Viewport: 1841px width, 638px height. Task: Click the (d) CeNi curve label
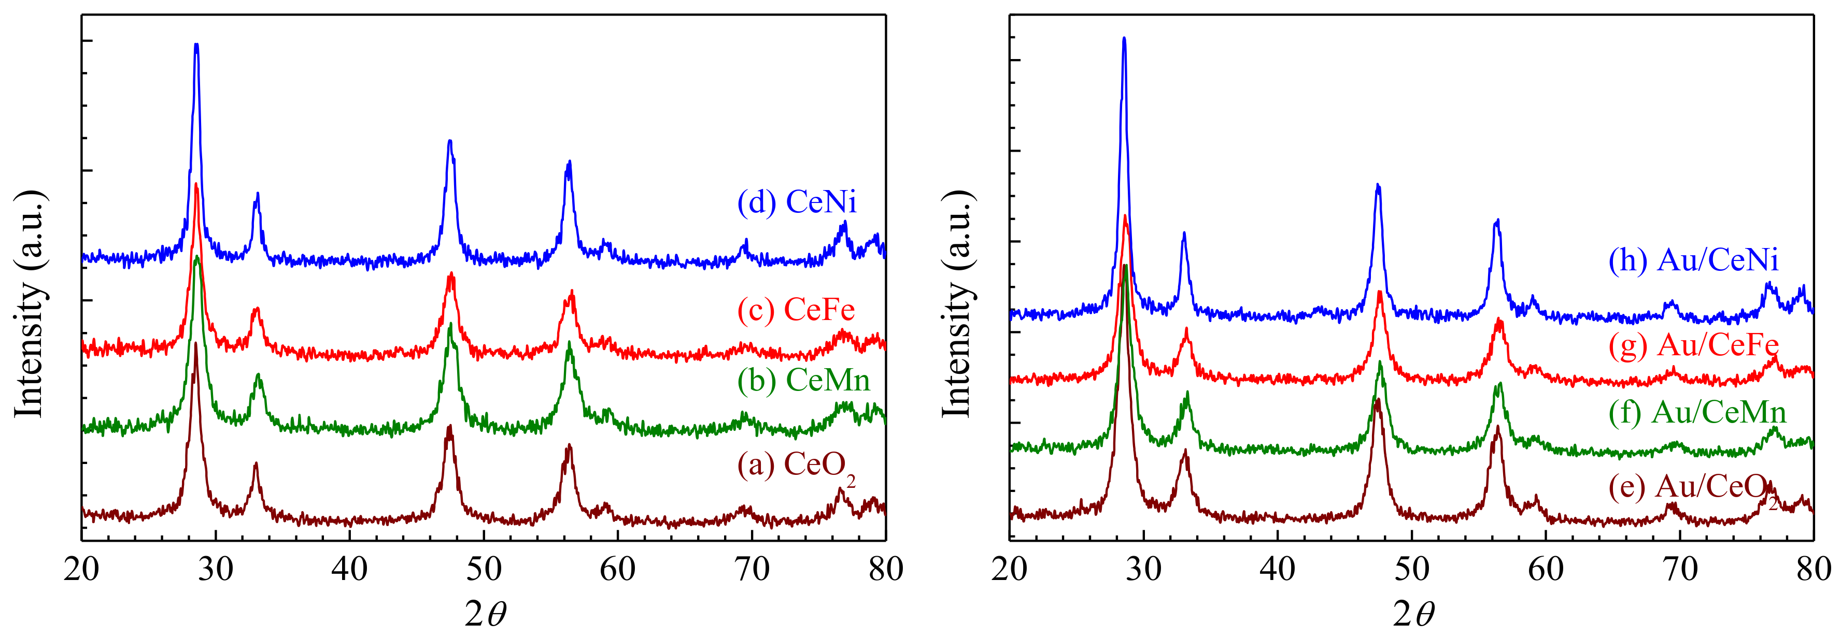point(797,202)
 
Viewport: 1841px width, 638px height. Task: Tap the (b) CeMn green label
point(803,380)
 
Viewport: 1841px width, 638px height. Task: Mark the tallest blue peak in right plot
point(1124,40)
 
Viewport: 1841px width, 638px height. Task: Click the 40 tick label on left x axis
point(349,570)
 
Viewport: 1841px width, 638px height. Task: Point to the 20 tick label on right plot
point(1010,570)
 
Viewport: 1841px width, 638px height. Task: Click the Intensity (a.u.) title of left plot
point(30,303)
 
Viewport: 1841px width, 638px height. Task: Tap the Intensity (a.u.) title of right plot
point(958,303)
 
